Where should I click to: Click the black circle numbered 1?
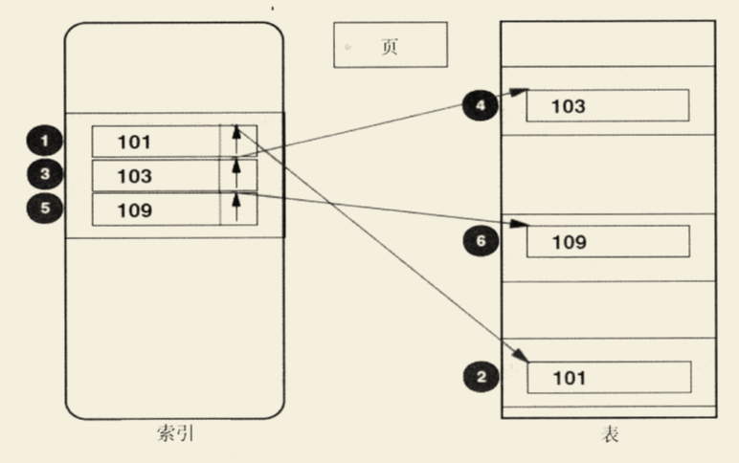pos(44,142)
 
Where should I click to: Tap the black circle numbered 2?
pos(481,377)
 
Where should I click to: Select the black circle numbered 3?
pos(44,175)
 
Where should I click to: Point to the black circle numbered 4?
pos(481,105)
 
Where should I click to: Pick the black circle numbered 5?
pos(44,209)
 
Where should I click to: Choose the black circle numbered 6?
pos(481,242)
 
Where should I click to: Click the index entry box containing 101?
pos(156,142)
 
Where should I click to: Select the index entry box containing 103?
pos(156,176)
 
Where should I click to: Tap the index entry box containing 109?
pos(156,209)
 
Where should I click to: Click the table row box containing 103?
pos(607,105)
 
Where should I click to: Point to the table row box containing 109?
pos(607,241)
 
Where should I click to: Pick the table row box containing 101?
pos(607,377)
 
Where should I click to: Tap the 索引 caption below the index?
pos(176,435)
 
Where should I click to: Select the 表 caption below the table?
pos(610,435)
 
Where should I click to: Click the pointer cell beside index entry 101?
pos(237,142)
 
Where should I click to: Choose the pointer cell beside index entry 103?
pos(237,176)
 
